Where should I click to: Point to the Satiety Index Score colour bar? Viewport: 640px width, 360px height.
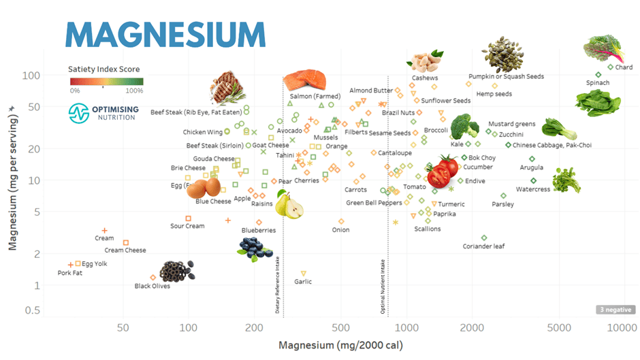(x=106, y=82)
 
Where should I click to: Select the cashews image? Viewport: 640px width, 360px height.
(x=426, y=62)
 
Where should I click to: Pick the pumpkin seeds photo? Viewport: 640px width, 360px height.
(x=502, y=55)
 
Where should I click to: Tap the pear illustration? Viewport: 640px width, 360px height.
(x=289, y=203)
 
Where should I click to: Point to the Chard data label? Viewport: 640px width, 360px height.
(x=624, y=67)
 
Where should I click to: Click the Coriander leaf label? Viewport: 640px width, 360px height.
(x=484, y=246)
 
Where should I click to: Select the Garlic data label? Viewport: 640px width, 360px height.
(x=303, y=282)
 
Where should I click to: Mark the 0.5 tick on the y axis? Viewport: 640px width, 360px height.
(x=31, y=310)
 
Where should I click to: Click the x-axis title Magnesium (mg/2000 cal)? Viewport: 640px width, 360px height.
(x=340, y=346)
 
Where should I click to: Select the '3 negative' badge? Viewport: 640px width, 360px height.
(x=614, y=310)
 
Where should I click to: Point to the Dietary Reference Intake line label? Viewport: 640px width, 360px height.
(x=278, y=284)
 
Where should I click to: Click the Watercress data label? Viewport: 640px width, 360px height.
(x=532, y=189)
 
